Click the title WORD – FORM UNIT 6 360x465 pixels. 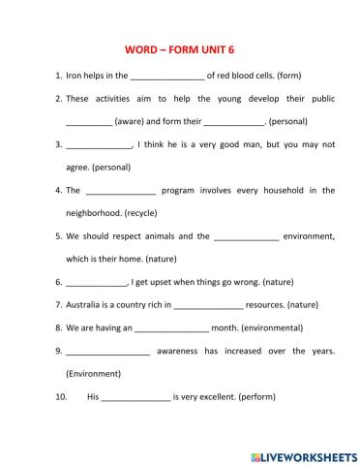180,47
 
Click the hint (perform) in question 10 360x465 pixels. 278,397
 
